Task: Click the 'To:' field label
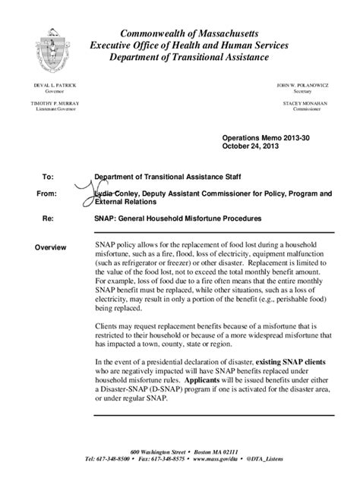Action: tap(47, 176)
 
